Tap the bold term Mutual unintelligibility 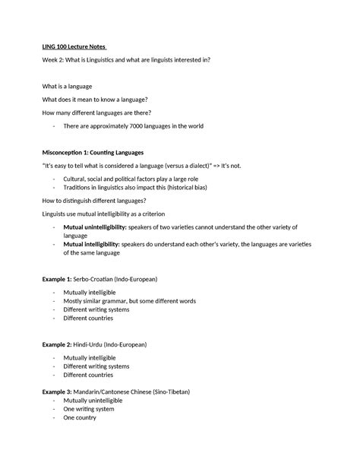click(x=96, y=227)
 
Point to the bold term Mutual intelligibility click(x=91, y=243)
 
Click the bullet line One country click(x=79, y=417)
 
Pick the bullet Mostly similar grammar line click(x=130, y=301)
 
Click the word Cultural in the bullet click(x=77, y=177)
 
